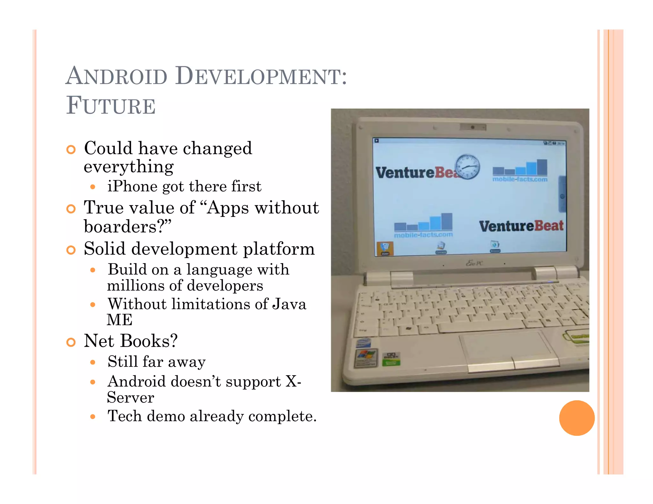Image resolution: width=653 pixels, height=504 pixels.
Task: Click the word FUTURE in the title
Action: click(x=111, y=106)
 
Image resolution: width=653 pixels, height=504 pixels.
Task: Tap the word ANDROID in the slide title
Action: click(x=117, y=76)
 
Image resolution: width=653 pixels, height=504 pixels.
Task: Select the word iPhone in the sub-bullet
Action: click(x=132, y=186)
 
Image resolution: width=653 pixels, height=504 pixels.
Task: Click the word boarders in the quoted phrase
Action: click(x=120, y=227)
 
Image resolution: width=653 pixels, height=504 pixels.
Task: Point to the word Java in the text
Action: click(x=289, y=304)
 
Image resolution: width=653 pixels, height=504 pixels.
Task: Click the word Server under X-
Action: click(x=130, y=398)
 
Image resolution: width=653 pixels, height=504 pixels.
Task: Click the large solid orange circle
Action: click(x=576, y=418)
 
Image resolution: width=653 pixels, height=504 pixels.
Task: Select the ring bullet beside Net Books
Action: click(x=71, y=342)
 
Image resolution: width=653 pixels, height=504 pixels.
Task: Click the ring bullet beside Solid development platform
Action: click(x=71, y=250)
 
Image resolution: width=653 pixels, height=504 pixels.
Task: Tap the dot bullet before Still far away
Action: click(x=93, y=362)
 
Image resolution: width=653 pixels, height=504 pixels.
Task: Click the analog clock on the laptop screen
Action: click(x=467, y=167)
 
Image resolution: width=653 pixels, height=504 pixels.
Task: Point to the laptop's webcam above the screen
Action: click(x=473, y=127)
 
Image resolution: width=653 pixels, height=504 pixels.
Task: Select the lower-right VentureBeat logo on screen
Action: click(x=521, y=226)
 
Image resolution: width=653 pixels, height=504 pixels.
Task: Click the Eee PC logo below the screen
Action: click(x=474, y=263)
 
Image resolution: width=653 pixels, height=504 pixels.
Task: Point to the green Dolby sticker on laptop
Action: click(x=391, y=359)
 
